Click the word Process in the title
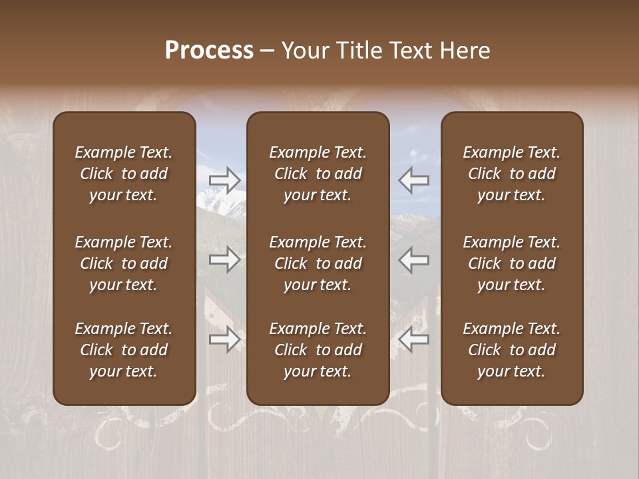(x=209, y=51)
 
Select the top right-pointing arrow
(x=225, y=180)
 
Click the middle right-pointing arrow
(x=225, y=259)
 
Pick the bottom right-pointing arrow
(x=225, y=340)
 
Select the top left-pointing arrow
(x=414, y=180)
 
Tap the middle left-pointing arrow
(x=414, y=259)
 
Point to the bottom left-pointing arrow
(x=414, y=340)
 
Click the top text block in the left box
(x=124, y=174)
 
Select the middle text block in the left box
(x=124, y=263)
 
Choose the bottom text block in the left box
(x=124, y=350)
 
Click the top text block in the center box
(x=318, y=174)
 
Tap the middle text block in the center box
(x=318, y=263)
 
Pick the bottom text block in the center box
(x=318, y=350)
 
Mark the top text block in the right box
(x=512, y=174)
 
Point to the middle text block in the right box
(x=512, y=263)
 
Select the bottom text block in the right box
(x=512, y=350)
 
